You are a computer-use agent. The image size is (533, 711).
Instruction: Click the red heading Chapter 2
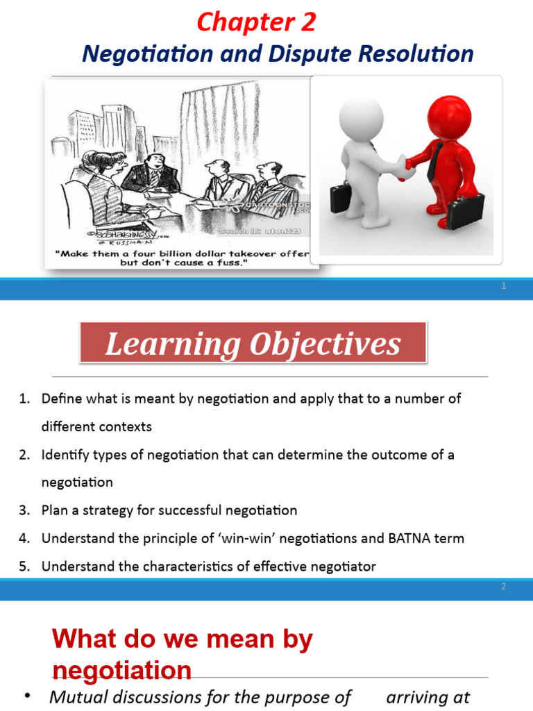point(256,22)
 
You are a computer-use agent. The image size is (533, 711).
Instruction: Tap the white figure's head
point(361,117)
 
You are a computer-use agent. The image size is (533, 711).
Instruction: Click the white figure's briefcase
point(342,196)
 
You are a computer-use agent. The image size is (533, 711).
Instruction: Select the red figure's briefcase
point(466,210)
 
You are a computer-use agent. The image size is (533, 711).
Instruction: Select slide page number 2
point(505,587)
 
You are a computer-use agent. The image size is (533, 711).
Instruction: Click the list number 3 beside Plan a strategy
point(24,510)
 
